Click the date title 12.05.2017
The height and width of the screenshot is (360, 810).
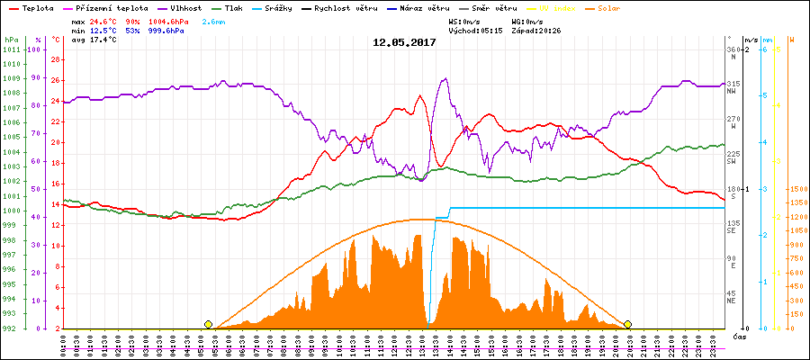[x=404, y=42]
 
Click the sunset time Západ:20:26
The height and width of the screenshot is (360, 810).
[x=536, y=30]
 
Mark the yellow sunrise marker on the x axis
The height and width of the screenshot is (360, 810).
[x=209, y=324]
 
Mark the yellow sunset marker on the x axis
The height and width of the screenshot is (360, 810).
[x=627, y=324]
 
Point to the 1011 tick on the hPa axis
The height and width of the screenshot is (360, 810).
[x=11, y=49]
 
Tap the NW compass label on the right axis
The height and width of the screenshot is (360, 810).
[x=733, y=91]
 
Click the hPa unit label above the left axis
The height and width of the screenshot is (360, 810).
[x=11, y=40]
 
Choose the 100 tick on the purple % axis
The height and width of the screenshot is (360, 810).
[x=35, y=49]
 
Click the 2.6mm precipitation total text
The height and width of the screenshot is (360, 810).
[x=214, y=20]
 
